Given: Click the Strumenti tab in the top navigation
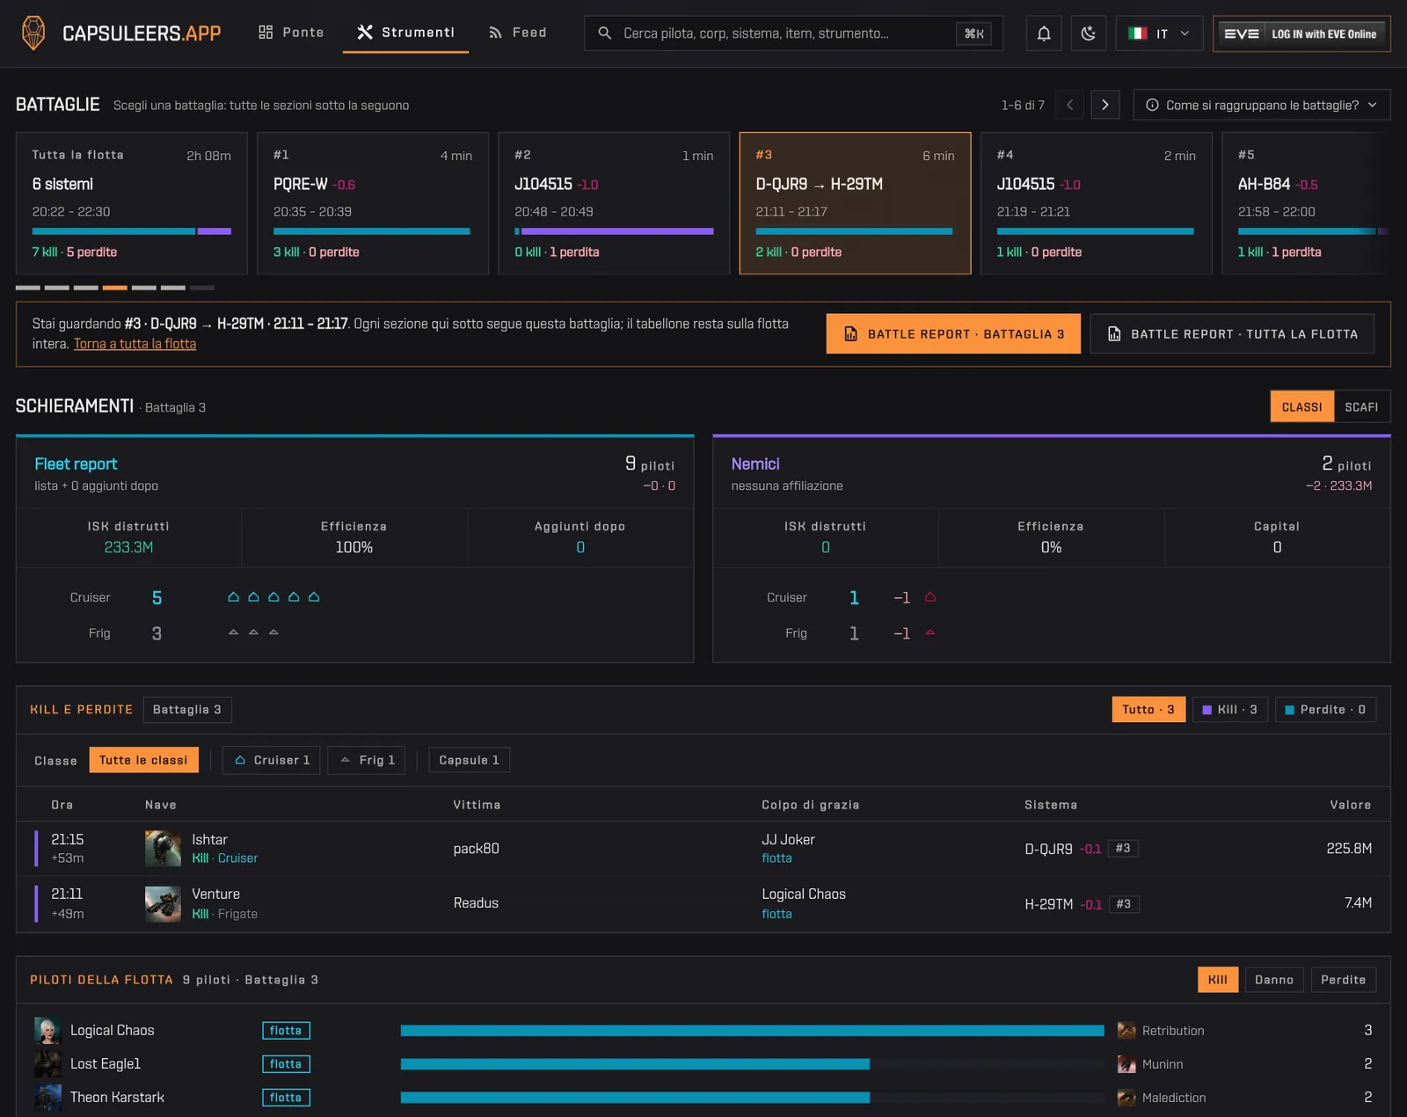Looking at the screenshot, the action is pos(405,33).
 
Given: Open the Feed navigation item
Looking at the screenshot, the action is pos(517,33).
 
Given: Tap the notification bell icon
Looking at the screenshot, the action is pos(1044,33).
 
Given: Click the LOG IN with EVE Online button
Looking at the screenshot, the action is pos(1301,33).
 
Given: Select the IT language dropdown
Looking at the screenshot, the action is pos(1158,33).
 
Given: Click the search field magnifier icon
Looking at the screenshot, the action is pos(605,33).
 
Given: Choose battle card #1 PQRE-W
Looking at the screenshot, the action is pos(373,203).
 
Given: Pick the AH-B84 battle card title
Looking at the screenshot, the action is pos(1264,185).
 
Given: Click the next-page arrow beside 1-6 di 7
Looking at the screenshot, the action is pos(1105,105).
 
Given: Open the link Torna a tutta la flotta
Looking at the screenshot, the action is pos(135,344).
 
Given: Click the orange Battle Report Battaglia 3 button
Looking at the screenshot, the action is pos(952,334).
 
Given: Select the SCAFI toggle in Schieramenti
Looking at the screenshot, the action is pos(1361,406).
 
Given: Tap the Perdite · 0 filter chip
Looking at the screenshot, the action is pos(1325,710).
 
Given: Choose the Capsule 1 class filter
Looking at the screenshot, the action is pos(469,760).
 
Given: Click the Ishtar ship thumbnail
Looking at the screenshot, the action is pos(163,848).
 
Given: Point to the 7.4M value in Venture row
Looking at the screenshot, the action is pos(1358,903).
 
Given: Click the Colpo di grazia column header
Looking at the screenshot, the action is pos(810,805).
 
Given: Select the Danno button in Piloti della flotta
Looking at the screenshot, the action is pos(1273,980).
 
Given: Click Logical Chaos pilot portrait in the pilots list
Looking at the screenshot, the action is pos(47,1030).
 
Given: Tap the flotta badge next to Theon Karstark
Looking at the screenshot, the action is pos(286,1098).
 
